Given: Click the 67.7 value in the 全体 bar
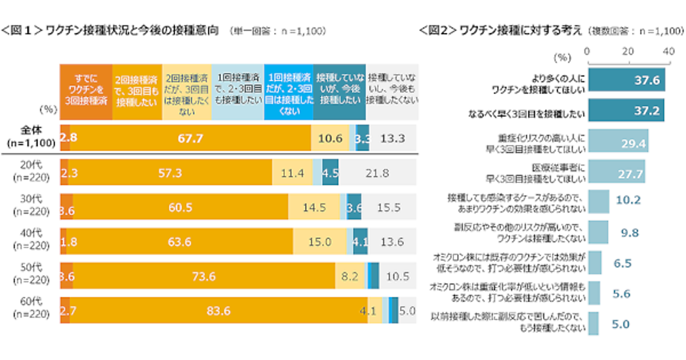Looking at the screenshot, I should (190, 138).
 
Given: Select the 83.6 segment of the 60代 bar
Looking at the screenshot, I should (219, 311).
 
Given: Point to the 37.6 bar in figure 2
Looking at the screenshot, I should (626, 81).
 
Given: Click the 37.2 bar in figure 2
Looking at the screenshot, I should (625, 112).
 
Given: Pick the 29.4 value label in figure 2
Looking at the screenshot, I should (634, 145).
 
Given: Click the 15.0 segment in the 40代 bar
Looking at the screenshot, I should (320, 242).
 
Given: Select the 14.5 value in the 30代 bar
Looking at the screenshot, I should (314, 207).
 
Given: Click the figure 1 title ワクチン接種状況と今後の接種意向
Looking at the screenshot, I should (131, 30).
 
